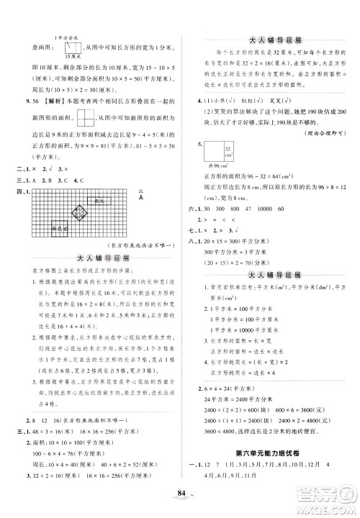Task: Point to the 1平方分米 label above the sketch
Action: click(x=63, y=29)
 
